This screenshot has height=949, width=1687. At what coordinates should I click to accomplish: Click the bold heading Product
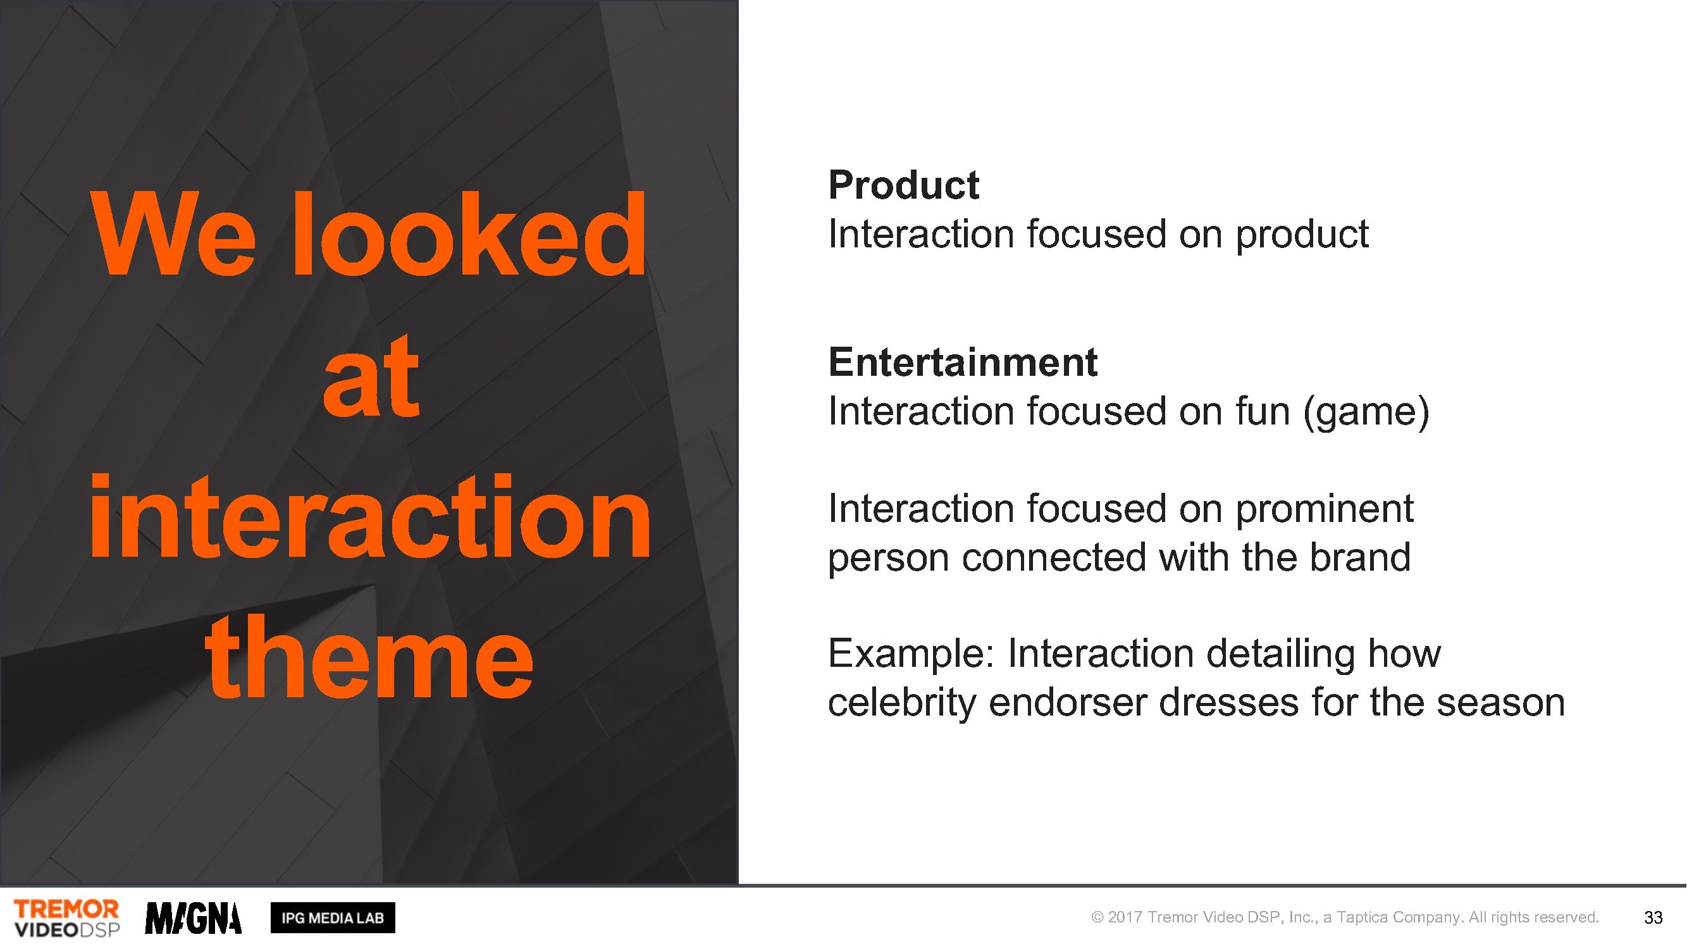tap(904, 185)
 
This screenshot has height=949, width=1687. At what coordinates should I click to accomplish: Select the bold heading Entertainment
tap(963, 361)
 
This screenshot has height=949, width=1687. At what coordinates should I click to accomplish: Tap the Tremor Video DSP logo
tap(67, 917)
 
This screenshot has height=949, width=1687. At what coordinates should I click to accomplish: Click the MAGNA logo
tap(193, 918)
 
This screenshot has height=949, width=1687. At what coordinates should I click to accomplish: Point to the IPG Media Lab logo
tap(333, 917)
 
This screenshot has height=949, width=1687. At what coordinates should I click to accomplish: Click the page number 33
tap(1653, 917)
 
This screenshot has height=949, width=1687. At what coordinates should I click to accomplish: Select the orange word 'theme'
tap(369, 657)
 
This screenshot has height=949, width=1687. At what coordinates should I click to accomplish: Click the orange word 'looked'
tap(469, 234)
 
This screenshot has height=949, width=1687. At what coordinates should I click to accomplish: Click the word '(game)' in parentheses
tap(1366, 412)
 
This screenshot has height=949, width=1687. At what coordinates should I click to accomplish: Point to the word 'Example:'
tap(911, 654)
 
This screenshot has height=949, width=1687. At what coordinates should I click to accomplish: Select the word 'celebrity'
tap(902, 702)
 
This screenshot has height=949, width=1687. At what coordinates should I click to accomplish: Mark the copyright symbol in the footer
tap(1097, 917)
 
